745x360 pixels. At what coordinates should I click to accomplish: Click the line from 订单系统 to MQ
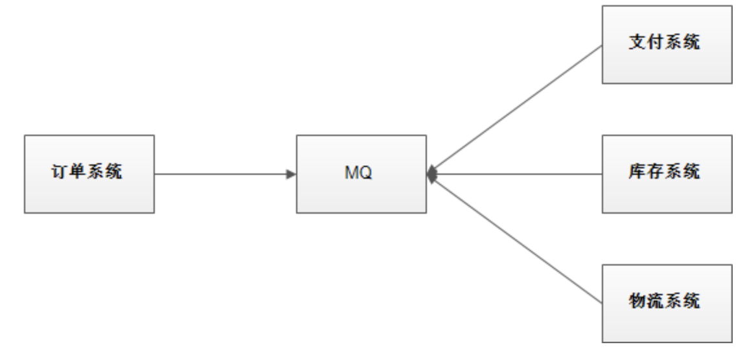tap(220, 174)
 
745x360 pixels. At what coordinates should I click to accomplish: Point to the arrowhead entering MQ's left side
tap(292, 174)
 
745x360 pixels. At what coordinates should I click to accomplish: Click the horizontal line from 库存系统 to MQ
tap(518, 174)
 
